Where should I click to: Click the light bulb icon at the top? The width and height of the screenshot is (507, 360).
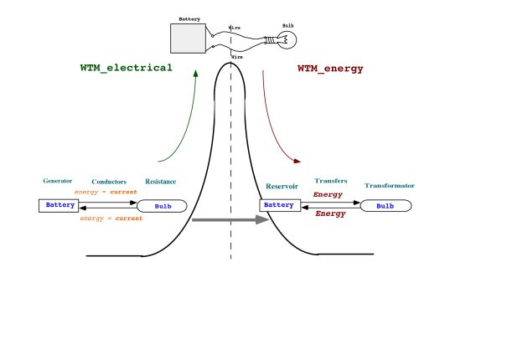pos(286,39)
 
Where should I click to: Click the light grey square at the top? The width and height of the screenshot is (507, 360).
pos(188,39)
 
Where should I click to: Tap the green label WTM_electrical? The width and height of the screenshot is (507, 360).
pos(126,68)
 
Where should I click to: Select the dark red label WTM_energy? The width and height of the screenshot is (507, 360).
pos(330,69)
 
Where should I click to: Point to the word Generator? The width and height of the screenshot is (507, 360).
pos(58,181)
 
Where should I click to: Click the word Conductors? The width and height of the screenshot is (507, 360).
pos(109,182)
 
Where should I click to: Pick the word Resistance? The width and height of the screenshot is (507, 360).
pos(160,182)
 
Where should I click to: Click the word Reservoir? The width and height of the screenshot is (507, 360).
pos(282,187)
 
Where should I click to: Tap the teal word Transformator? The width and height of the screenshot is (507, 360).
pos(390,186)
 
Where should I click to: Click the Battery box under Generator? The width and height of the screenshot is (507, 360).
pos(59,205)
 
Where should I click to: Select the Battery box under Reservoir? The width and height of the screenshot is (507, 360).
pos(280,205)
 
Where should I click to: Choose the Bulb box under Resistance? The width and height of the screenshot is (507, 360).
pos(163,206)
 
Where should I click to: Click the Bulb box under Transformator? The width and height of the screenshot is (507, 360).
pos(385,206)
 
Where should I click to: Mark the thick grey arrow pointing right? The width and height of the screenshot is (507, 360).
pos(230,219)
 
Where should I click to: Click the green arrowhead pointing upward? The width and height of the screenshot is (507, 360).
pos(195,73)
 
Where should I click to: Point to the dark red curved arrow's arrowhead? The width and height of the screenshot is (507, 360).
pos(297,161)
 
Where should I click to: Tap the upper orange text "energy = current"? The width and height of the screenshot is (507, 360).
pos(106,192)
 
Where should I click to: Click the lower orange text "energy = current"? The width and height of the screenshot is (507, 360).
pos(111,219)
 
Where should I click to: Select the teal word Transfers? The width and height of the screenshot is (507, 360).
pos(331,181)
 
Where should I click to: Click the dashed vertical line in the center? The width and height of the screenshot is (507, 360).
pos(230,109)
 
